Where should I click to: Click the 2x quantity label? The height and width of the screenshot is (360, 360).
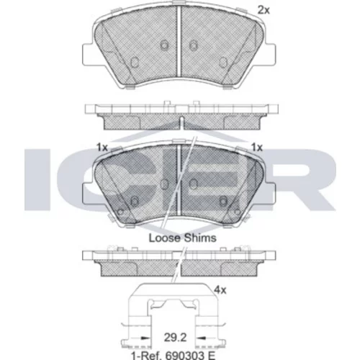(x=264, y=10)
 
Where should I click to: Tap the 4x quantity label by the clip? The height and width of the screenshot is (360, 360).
(x=220, y=290)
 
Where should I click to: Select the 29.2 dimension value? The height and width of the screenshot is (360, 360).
(x=175, y=338)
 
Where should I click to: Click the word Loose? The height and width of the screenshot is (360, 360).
(x=165, y=238)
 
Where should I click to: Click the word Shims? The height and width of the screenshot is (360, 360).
(x=200, y=238)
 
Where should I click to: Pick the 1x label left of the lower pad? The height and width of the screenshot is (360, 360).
(x=102, y=148)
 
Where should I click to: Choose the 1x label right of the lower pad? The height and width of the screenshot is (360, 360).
(x=257, y=148)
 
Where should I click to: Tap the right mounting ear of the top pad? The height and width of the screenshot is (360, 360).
(x=270, y=54)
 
